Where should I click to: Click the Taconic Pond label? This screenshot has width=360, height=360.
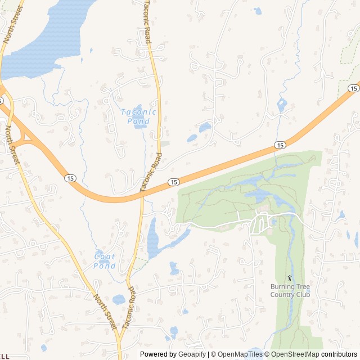tap(138, 116)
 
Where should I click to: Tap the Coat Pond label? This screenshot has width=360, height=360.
tap(105, 262)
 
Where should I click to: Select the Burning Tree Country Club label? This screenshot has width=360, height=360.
tap(290, 290)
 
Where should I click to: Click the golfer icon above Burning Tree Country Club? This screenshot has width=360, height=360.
tap(290, 278)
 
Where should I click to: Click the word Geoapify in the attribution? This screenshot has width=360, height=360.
tap(191, 354)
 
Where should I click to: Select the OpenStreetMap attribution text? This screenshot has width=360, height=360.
tap(292, 354)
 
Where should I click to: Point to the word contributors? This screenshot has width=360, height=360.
tap(339, 354)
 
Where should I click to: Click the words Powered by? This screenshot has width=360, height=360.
tap(158, 354)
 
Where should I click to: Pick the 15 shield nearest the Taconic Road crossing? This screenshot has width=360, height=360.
tap(174, 182)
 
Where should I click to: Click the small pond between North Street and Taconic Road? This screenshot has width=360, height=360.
tap(119, 299)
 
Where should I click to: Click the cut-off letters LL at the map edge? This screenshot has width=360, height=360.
tap(4, 356)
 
